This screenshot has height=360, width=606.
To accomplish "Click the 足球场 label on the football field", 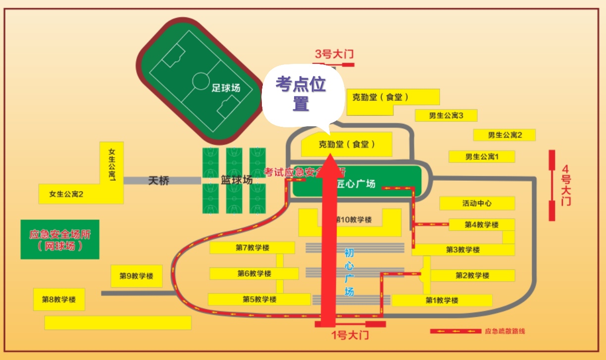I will [226, 88].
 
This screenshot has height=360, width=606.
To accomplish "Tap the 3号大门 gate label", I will [335, 54].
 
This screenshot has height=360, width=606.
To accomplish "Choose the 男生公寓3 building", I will [446, 116].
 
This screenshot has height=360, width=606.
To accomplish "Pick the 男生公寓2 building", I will [505, 135].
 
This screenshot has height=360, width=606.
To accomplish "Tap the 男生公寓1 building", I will [482, 156].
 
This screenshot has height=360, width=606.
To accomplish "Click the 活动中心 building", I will [477, 203].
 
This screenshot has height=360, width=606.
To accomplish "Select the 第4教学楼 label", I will [481, 225].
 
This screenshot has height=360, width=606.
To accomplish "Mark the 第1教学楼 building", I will [442, 300].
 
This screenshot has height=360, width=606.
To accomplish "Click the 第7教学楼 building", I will [252, 248].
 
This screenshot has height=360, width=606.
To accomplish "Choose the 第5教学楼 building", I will [259, 299].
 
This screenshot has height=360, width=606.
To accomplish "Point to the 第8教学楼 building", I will [59, 299].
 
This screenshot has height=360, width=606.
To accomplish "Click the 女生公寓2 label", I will [66, 194].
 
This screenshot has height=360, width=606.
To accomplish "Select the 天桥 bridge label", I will [158, 181].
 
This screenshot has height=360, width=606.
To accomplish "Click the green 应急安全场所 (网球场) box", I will [60, 239].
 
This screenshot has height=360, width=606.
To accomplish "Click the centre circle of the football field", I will [201, 80].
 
